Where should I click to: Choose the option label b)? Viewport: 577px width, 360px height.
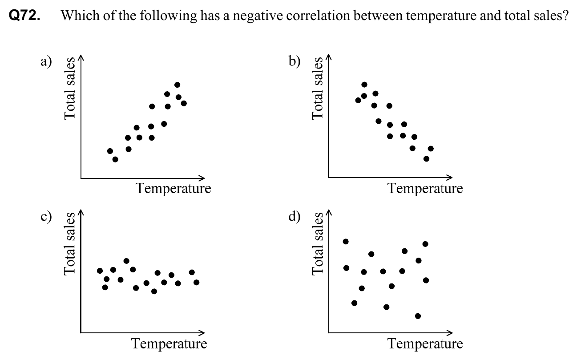click(x=294, y=61)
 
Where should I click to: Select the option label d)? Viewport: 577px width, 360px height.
click(x=294, y=217)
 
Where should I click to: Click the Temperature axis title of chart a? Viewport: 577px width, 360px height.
click(x=174, y=189)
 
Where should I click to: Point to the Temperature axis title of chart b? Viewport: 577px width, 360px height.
click(x=425, y=189)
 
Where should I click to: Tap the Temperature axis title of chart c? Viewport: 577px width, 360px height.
click(x=169, y=344)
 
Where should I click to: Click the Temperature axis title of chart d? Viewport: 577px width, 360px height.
click(x=425, y=344)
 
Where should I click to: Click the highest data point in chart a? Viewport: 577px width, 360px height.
click(x=177, y=85)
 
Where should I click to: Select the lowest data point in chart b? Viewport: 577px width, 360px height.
click(x=426, y=159)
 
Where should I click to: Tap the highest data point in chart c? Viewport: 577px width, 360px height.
click(x=126, y=261)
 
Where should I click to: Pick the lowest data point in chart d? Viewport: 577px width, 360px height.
click(x=418, y=316)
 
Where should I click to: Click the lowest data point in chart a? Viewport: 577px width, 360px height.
click(x=115, y=159)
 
